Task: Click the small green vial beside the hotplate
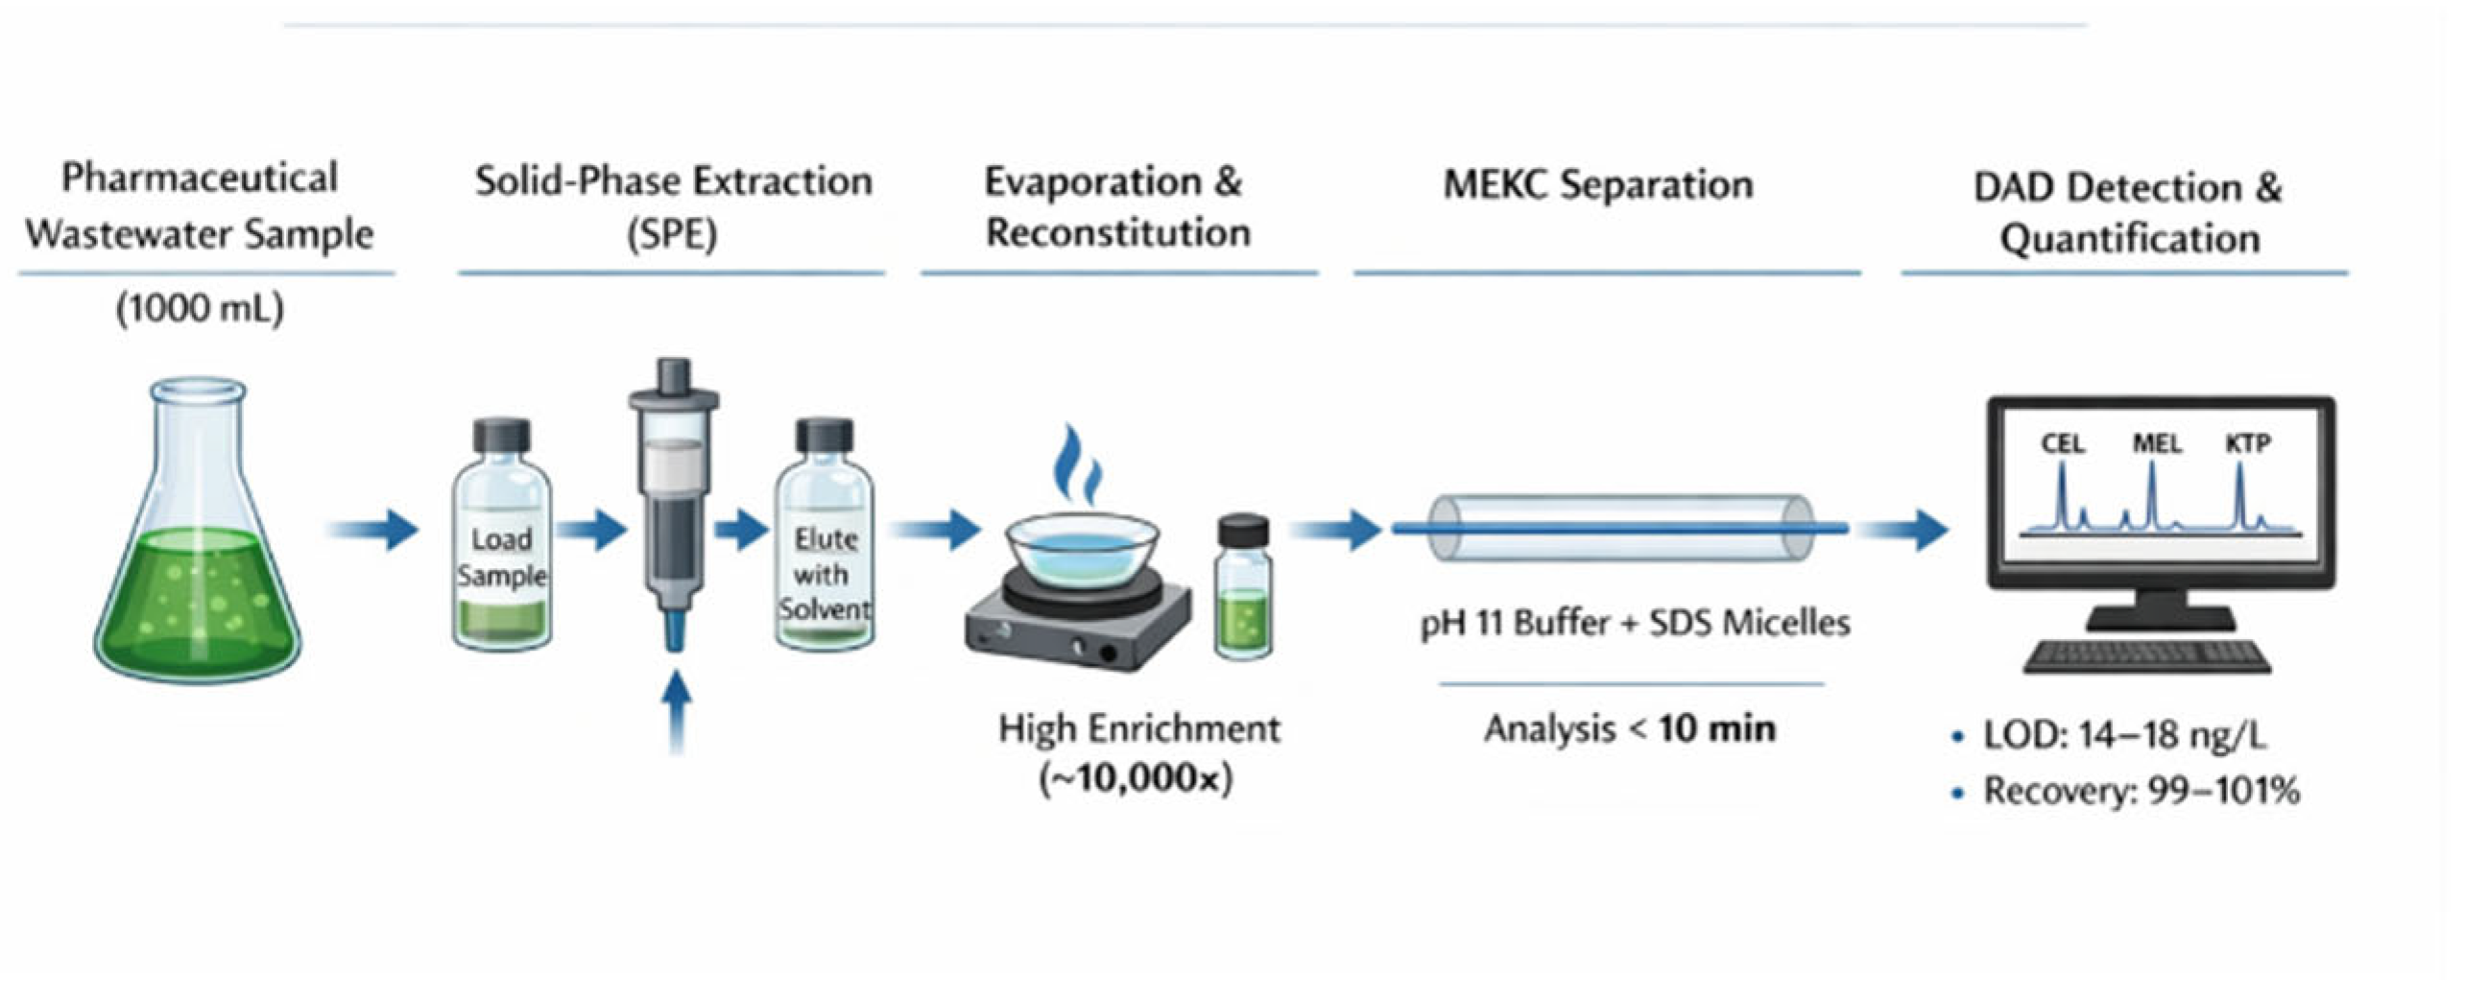[x=1244, y=590]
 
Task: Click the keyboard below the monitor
[x=2146, y=656]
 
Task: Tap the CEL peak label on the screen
[x=2062, y=443]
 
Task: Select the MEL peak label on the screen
[x=2156, y=443]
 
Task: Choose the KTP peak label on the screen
[x=2248, y=443]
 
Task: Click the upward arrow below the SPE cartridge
[x=678, y=710]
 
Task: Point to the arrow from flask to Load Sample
[x=374, y=529]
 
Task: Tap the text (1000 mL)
[x=200, y=309]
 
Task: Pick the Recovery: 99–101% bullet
[x=2141, y=792]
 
